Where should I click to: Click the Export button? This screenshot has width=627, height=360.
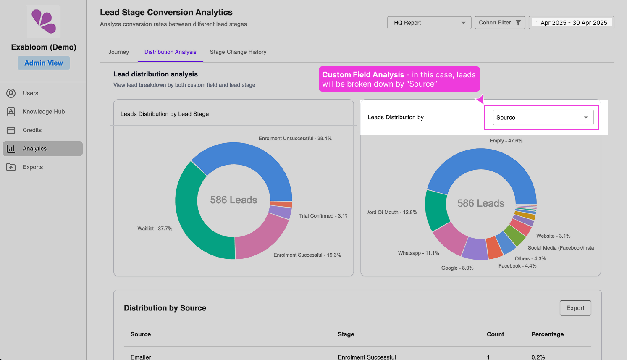coord(575,308)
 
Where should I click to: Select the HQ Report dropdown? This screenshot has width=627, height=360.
coord(429,23)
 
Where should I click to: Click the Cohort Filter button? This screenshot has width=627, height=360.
coord(499,23)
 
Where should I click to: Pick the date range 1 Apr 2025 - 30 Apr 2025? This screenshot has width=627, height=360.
coord(571,23)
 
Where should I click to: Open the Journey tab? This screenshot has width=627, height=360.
coord(118,52)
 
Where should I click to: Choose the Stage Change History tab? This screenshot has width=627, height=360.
coord(238,52)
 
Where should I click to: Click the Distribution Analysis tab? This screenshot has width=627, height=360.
coord(170,52)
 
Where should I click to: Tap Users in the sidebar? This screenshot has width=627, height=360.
coord(30,93)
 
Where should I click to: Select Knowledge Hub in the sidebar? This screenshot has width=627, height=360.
coord(43,112)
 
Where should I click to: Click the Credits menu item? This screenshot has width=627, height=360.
coord(32,130)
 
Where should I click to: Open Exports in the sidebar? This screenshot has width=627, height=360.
coord(32,167)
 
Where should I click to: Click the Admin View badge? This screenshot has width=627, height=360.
coord(44,63)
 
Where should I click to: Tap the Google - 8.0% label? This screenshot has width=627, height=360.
coord(457,268)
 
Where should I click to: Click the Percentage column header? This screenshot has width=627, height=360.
coord(547,334)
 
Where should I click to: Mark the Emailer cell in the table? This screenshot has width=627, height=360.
coord(141,357)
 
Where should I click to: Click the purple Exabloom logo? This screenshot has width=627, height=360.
coord(44,21)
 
